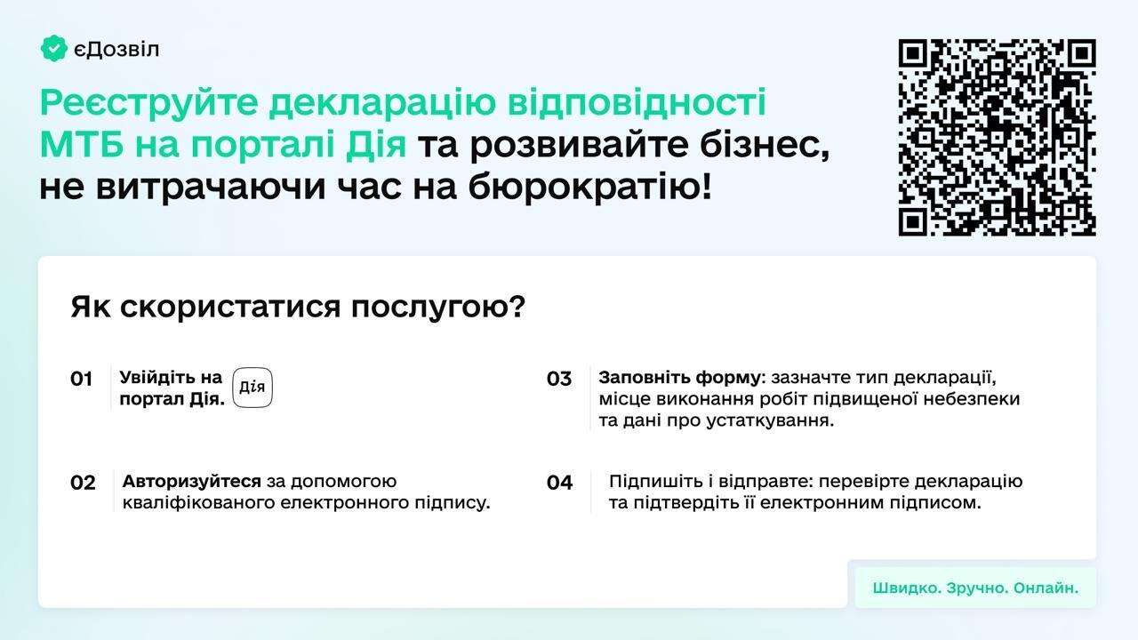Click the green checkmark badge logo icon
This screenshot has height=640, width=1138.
(x=54, y=49)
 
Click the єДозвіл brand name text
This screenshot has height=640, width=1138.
(x=116, y=50)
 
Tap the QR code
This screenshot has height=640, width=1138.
(x=997, y=138)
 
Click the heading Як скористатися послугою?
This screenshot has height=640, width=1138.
(x=298, y=308)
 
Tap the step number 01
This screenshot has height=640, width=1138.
(x=82, y=380)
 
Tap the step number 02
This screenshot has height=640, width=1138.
(x=83, y=483)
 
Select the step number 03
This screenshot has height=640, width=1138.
(x=559, y=380)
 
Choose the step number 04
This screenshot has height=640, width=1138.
(x=559, y=483)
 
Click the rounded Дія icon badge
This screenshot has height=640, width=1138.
(x=252, y=388)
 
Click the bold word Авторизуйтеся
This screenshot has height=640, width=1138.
(x=192, y=482)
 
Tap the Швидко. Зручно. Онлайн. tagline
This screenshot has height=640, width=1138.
(x=975, y=588)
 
